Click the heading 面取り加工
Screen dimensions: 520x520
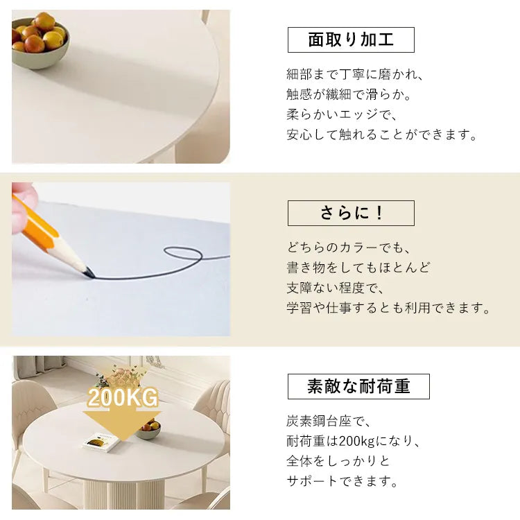(351, 40)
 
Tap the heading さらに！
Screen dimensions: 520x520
(351, 213)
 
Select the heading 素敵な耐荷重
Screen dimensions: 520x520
(358, 386)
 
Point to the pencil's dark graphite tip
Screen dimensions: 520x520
(89, 273)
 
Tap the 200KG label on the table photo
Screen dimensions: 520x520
(123, 397)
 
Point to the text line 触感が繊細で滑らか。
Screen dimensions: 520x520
(349, 95)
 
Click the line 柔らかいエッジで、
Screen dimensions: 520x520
(343, 114)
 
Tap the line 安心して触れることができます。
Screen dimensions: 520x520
(382, 135)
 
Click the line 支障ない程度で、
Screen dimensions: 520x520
(336, 288)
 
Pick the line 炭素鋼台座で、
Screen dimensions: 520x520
(329, 421)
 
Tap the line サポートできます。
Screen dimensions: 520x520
(343, 481)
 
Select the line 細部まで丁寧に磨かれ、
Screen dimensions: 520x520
(355, 74)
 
